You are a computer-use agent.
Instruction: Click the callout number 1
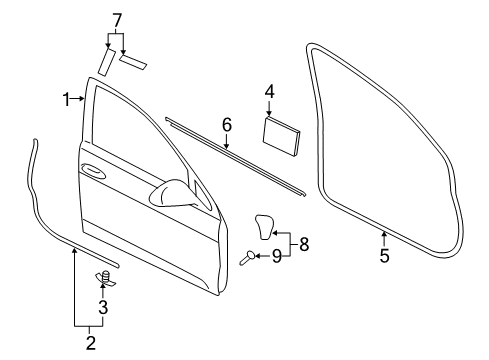coord(67,99)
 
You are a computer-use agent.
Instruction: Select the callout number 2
coord(91,343)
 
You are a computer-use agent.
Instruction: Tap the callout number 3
coord(103,307)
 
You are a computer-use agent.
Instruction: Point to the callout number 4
coord(270,92)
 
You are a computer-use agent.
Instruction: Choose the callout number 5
coord(384,256)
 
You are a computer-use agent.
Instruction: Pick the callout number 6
coord(227,125)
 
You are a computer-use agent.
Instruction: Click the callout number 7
coord(117,21)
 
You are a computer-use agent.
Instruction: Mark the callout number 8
coord(304,244)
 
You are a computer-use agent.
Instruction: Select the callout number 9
coord(277,256)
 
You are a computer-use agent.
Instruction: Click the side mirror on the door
coord(173,194)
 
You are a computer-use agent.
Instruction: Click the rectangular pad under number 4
coord(281,136)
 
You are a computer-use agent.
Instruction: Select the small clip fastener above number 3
coord(105,278)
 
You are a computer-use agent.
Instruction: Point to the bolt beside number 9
coord(247,258)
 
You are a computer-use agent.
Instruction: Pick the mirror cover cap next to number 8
coord(265,226)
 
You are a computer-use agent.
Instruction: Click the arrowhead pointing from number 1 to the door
coord(82,98)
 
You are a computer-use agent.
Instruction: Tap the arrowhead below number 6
coord(227,146)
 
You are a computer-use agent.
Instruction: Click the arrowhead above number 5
coord(384,233)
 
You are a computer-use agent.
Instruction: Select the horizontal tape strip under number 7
coord(133,63)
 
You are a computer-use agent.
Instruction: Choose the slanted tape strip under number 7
coord(107,62)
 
